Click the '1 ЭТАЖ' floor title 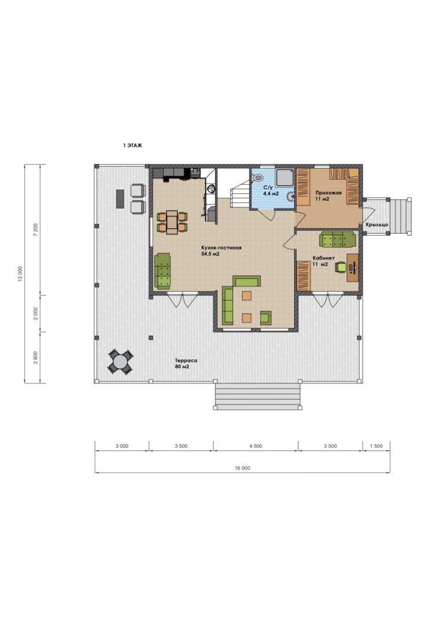pos(132,145)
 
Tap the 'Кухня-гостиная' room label pos(221,248)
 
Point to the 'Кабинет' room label pos(324,258)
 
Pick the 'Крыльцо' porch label pos(377,225)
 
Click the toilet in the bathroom pos(258,177)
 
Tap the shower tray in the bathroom pos(284,177)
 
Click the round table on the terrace pos(120,362)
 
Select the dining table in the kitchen pos(172,222)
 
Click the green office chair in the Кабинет pos(341,267)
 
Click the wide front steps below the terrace pos(257,396)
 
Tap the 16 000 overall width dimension pos(243,468)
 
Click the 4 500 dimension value pos(256,446)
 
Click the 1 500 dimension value pos(376,446)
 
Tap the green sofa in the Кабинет pos(338,240)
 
